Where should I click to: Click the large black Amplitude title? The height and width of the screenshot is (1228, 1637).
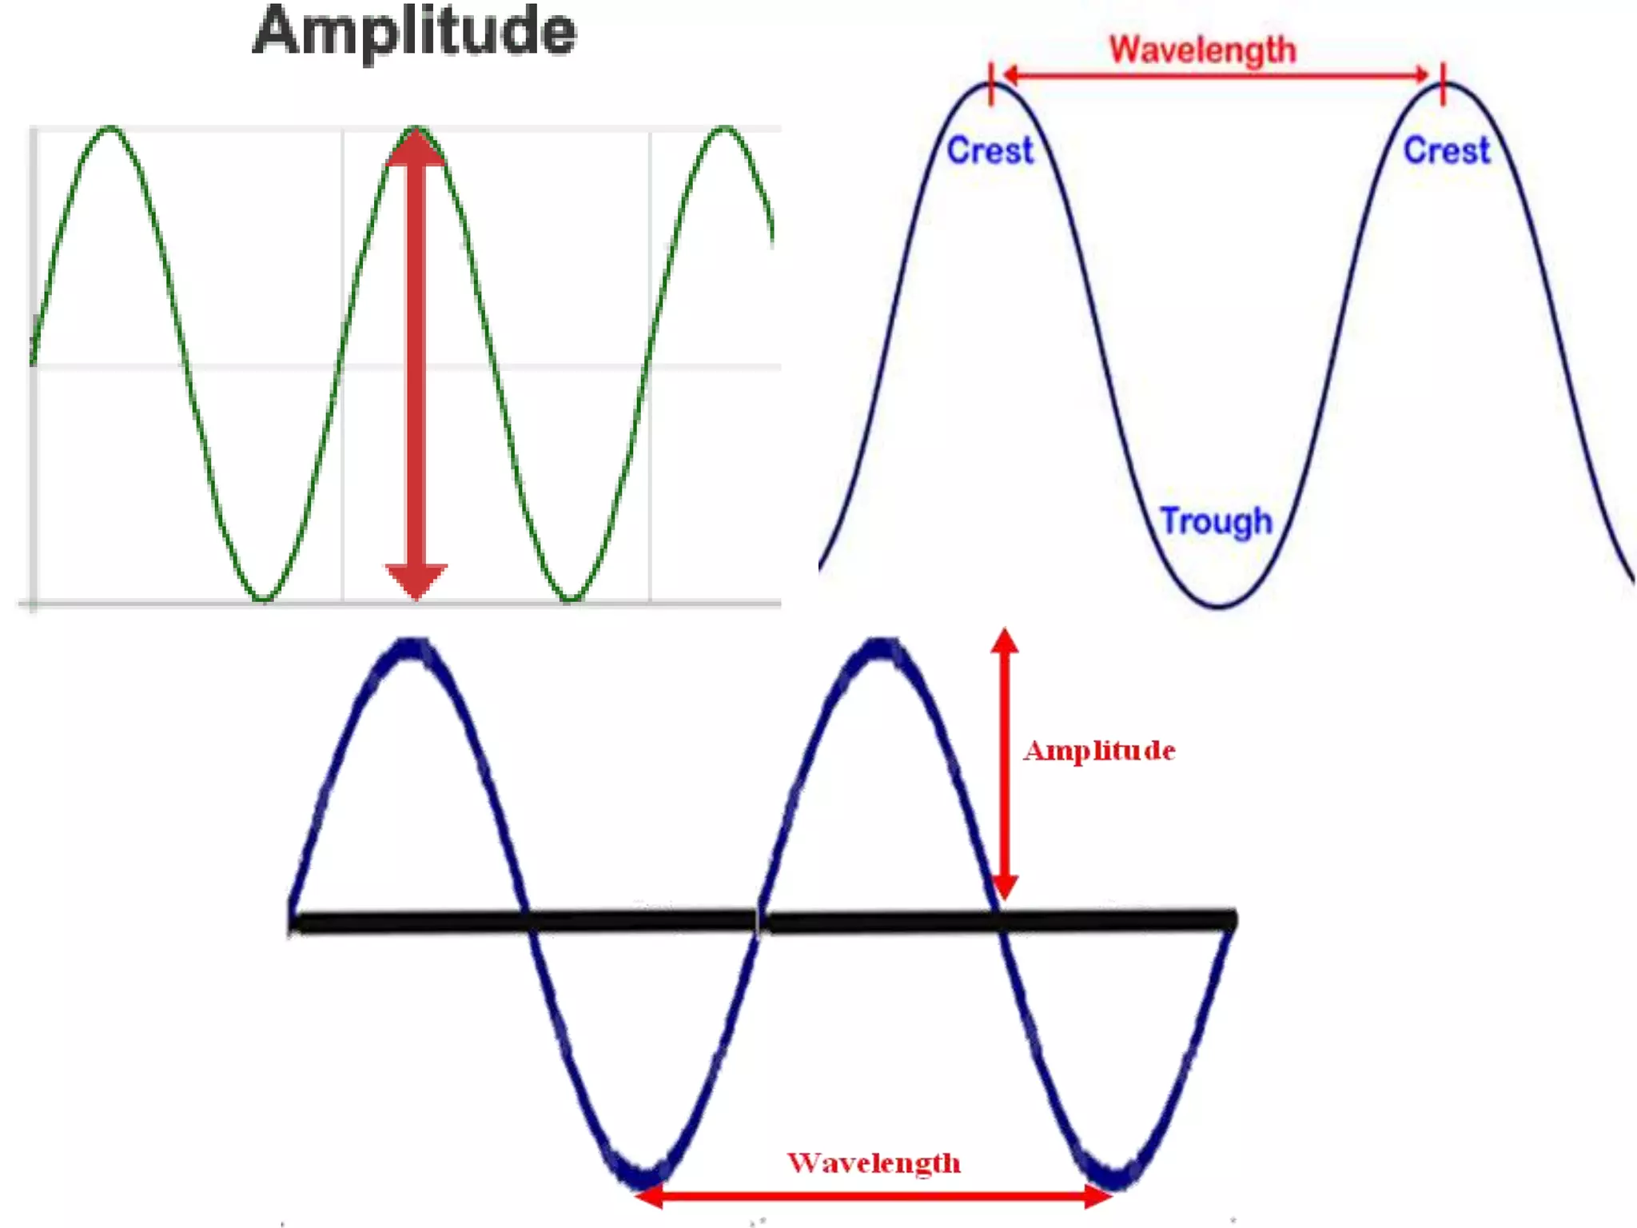click(414, 32)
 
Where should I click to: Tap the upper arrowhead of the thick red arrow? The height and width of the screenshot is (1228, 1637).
click(416, 148)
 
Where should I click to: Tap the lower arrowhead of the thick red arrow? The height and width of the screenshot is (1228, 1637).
click(416, 580)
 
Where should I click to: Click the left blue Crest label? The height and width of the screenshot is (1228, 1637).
click(990, 150)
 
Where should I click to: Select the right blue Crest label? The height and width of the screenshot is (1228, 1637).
click(1447, 150)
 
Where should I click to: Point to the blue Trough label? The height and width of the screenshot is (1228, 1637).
click(1216, 521)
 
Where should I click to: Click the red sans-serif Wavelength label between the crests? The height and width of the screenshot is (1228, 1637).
click(1202, 50)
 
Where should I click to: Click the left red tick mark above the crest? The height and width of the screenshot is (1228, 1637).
click(991, 83)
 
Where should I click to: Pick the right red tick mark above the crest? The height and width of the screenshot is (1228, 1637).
click(1443, 83)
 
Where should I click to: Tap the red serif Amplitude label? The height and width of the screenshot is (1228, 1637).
click(1099, 750)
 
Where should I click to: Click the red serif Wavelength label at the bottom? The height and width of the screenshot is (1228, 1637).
click(874, 1162)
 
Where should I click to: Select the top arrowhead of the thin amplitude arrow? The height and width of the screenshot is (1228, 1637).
click(1005, 640)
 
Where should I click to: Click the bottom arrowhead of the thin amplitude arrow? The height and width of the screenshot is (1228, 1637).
click(1005, 887)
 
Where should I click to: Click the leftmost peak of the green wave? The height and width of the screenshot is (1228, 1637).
click(110, 128)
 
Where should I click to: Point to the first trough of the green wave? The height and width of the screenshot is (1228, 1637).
click(263, 598)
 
